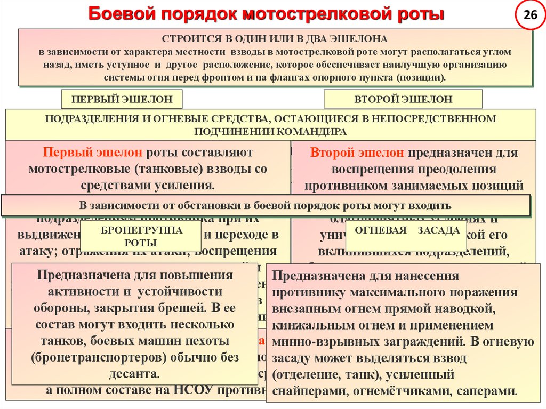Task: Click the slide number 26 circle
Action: tap(530, 15)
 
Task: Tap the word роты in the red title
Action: tap(421, 14)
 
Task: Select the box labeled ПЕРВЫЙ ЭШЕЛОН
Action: tap(122, 100)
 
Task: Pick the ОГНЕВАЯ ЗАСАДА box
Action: tap(406, 231)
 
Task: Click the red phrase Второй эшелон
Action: tap(357, 153)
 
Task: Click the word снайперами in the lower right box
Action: tap(304, 391)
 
